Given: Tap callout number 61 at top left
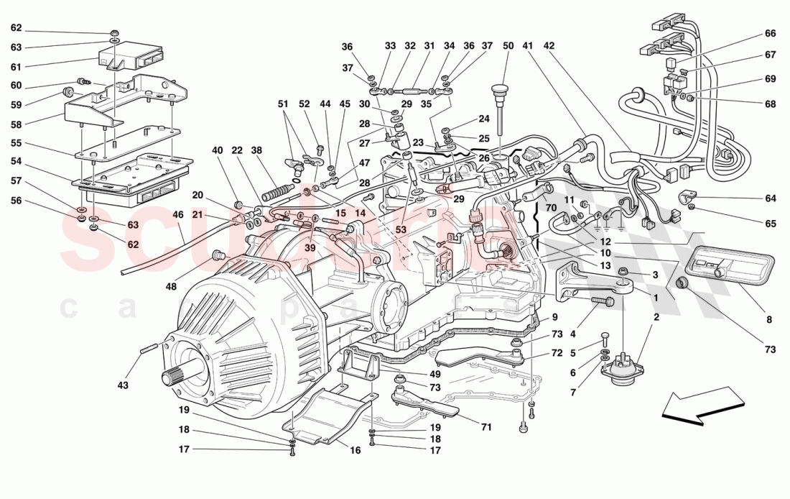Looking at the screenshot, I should click(x=16, y=67).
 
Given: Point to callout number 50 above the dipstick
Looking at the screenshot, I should click(x=508, y=46).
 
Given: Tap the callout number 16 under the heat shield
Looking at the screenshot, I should click(x=354, y=451).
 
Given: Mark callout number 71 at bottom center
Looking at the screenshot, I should click(x=485, y=427).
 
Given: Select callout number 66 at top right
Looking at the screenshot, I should click(x=770, y=34).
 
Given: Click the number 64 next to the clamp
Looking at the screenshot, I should click(x=770, y=199).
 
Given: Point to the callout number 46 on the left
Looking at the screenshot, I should click(x=177, y=214).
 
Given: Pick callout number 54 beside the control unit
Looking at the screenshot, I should click(x=16, y=161).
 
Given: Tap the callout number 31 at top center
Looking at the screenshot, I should click(x=429, y=46).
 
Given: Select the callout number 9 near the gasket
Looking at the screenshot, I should click(x=554, y=317).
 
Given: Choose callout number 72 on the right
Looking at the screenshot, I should click(x=557, y=353).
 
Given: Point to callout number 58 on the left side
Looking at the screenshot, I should click(x=16, y=124).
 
